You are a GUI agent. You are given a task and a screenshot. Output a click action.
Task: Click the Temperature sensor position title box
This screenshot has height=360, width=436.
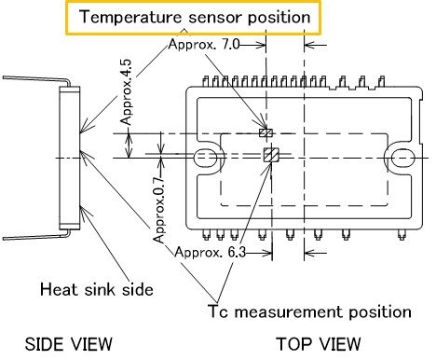click(193, 18)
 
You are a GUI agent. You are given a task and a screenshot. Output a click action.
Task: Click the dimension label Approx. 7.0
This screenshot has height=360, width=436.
click(204, 45)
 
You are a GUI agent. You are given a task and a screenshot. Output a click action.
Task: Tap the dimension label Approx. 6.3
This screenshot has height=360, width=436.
click(211, 252)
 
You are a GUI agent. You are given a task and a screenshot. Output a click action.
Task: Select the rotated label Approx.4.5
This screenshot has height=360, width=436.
click(126, 92)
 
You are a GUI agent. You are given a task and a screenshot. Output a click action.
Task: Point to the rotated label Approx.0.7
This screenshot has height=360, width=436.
click(158, 210)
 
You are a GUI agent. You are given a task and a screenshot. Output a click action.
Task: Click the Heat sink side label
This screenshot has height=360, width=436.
click(97, 289)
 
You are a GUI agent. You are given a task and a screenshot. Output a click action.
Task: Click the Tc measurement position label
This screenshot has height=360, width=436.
click(309, 312)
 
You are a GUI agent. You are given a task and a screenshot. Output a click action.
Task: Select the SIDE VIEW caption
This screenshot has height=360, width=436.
click(68, 344)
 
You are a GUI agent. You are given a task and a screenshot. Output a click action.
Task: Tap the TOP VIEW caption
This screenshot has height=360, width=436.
click(319, 344)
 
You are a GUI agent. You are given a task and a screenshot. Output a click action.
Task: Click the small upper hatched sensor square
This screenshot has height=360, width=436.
click(266, 133)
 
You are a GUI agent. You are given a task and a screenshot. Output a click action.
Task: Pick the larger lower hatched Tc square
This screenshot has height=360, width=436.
click(271, 155)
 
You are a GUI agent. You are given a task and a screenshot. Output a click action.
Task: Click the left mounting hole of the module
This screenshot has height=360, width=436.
click(206, 158)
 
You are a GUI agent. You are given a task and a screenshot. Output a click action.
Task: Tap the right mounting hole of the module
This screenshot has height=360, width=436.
click(402, 158)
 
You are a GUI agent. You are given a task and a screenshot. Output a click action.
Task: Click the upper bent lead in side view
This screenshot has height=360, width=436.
click(36, 80)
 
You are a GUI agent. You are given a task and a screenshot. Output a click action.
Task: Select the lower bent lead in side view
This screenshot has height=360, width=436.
click(36, 235)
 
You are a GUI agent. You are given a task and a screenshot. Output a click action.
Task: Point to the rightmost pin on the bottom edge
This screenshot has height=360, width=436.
click(402, 235)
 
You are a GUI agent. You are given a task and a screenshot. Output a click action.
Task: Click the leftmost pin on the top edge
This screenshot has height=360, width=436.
click(206, 81)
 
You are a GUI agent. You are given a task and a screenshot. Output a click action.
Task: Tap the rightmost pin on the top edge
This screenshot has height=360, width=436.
click(381, 83)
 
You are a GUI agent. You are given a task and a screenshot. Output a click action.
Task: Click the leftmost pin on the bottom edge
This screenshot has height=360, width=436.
click(206, 235)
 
